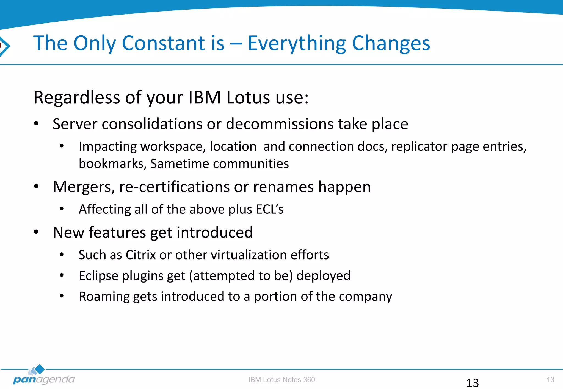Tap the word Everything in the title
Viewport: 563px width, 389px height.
coord(297,44)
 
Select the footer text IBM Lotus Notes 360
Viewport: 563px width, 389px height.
coord(281,380)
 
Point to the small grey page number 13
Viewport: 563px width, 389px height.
coord(550,380)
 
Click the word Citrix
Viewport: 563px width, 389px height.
coord(141,255)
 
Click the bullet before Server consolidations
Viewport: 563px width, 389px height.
coord(36,124)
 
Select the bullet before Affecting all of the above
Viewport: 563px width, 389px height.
coord(62,209)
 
